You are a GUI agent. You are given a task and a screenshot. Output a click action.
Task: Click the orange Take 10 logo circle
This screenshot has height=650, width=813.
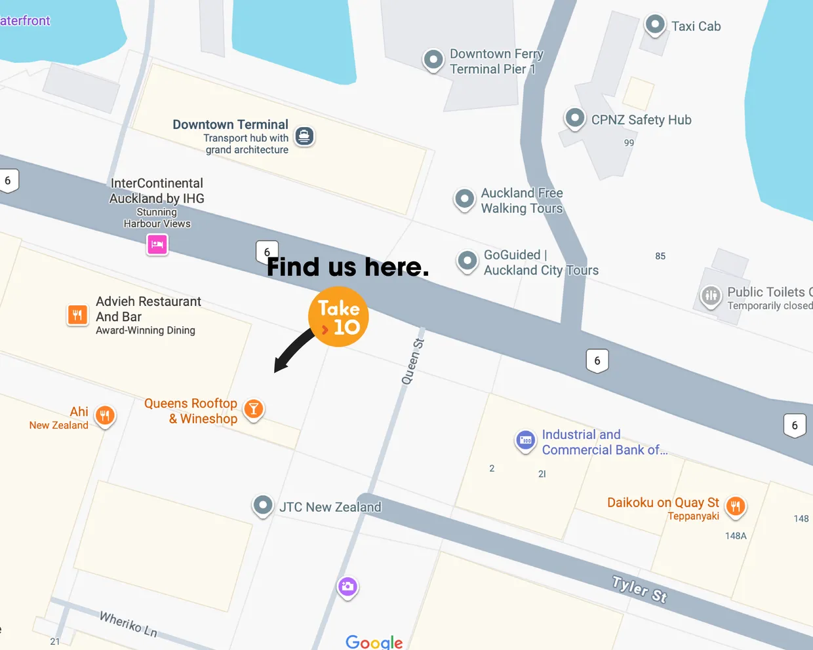pyautogui.click(x=338, y=316)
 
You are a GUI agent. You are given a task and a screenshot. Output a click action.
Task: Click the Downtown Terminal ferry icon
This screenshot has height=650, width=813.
pyautogui.click(x=304, y=136)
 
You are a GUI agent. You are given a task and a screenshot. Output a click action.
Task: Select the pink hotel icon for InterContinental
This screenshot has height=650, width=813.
pyautogui.click(x=157, y=244)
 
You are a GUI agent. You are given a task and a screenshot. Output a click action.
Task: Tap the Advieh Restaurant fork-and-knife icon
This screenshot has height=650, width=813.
pyautogui.click(x=77, y=315)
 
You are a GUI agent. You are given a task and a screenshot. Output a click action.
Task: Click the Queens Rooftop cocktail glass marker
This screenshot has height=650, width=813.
pyautogui.click(x=253, y=409)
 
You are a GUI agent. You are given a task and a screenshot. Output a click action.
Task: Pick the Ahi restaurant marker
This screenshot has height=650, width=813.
pyautogui.click(x=105, y=415)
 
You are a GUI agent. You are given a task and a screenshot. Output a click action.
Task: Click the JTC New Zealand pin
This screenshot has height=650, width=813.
pyautogui.click(x=263, y=505)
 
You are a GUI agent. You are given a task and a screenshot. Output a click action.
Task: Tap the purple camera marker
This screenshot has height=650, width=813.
pyautogui.click(x=347, y=586)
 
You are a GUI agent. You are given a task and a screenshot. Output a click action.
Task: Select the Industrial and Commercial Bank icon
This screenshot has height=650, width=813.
pyautogui.click(x=525, y=440)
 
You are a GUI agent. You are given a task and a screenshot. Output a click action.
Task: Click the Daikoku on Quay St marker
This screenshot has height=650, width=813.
pyautogui.click(x=736, y=505)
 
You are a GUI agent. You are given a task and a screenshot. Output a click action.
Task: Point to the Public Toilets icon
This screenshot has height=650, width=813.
pyautogui.click(x=711, y=296)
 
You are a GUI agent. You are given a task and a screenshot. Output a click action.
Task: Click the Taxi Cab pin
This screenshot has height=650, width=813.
pyautogui.click(x=654, y=25)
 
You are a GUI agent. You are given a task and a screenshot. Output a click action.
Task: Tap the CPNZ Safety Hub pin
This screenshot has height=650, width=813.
pyautogui.click(x=575, y=118)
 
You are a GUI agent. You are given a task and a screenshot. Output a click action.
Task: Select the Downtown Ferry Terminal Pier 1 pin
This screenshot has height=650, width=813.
pyautogui.click(x=433, y=60)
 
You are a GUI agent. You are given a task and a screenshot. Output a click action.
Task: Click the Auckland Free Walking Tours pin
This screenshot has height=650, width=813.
pyautogui.click(x=464, y=198)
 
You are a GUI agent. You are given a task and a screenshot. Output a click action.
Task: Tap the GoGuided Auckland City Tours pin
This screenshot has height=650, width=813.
pyautogui.click(x=467, y=261)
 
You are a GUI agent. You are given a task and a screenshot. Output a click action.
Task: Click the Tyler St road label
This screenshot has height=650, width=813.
pyautogui.click(x=639, y=588)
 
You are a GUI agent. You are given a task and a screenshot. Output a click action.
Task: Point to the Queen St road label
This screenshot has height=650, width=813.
pyautogui.click(x=413, y=361)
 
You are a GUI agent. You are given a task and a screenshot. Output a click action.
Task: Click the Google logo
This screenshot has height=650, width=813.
pyautogui.click(x=374, y=641)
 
